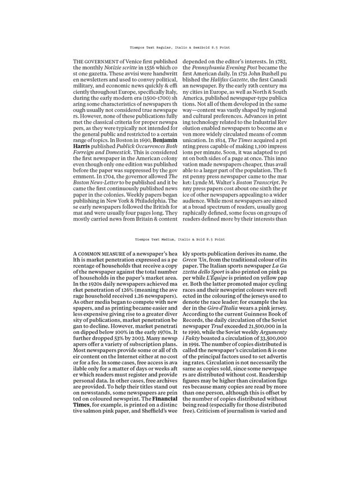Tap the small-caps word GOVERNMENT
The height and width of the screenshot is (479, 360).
coord(99,61)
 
